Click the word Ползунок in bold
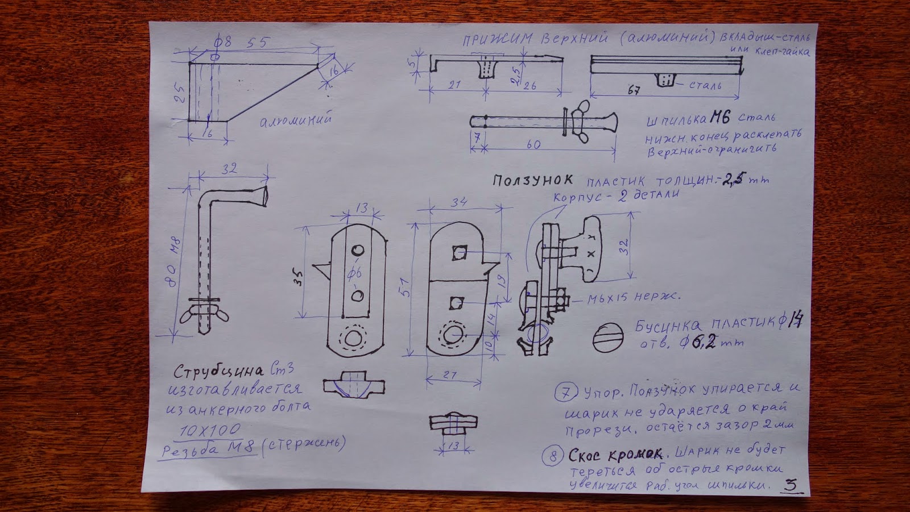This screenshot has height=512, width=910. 532,180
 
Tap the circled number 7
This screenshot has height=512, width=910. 566,392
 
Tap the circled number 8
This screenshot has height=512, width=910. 552,456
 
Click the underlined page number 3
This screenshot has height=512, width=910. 790,485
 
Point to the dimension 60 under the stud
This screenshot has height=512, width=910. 533,144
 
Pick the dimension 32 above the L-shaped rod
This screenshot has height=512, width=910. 229,169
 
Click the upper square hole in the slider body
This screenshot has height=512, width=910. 459,253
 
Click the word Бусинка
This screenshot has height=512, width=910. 668,326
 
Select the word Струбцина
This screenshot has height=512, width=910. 218,372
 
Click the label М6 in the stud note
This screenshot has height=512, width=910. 719,118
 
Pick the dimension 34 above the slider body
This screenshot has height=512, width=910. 459,202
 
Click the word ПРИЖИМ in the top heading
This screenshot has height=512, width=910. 497,39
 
